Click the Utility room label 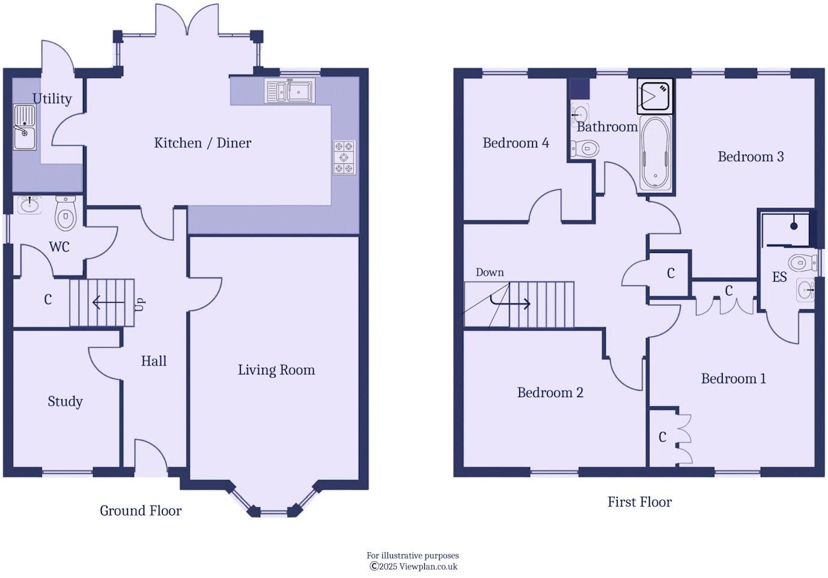(x=52, y=99)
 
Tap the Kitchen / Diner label (x=202, y=143)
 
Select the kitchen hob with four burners (x=344, y=157)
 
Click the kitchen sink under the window (x=290, y=91)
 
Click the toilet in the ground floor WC (x=65, y=213)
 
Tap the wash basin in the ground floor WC (x=29, y=205)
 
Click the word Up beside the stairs (x=139, y=304)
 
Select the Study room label (x=65, y=401)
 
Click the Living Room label (x=276, y=370)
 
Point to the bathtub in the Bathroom (x=656, y=153)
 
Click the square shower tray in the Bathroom (x=655, y=96)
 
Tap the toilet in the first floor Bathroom (x=585, y=148)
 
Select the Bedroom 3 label (x=750, y=157)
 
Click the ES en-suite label (x=779, y=277)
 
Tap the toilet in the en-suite (x=802, y=263)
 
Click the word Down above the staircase (x=489, y=272)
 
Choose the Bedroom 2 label (x=550, y=393)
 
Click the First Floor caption (x=639, y=502)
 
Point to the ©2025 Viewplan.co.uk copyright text (x=413, y=566)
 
